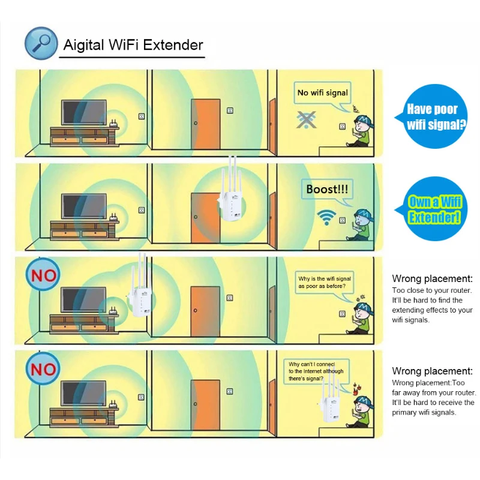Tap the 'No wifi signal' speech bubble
click(x=322, y=94)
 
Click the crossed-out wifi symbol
click(x=307, y=119)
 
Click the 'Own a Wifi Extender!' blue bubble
click(x=434, y=209)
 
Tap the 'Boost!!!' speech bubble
click(x=326, y=190)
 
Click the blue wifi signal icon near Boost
click(x=326, y=217)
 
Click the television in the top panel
click(x=84, y=112)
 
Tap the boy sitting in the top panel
click(x=361, y=130)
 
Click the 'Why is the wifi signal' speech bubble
click(x=325, y=282)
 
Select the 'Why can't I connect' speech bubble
click(x=313, y=371)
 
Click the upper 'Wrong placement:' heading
click(x=432, y=278)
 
